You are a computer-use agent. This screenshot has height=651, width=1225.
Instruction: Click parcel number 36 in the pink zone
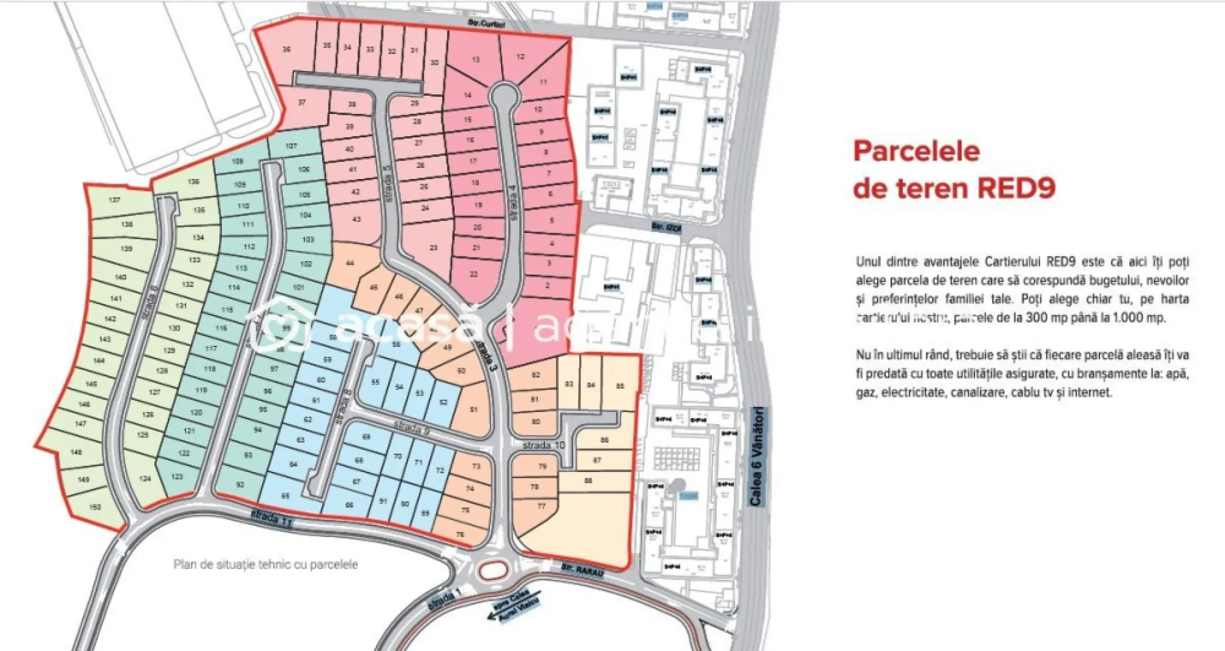pos(286,49)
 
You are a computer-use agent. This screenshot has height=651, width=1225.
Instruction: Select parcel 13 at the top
pos(476,59)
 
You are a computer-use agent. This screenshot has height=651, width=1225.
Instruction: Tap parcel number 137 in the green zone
pos(114,200)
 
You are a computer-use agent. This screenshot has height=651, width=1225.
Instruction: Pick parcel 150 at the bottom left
pos(95,506)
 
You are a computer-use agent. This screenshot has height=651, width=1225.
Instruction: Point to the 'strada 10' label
pos(543,445)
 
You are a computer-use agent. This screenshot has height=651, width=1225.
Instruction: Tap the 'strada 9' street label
pos(412,428)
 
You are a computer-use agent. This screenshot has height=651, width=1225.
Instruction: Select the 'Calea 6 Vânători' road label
pos(757,456)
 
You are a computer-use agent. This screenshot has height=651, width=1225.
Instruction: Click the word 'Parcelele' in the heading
pos(916,151)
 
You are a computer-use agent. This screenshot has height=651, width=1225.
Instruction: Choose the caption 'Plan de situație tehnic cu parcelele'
pos(265,564)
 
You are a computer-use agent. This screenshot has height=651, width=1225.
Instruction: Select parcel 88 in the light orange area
pos(588,481)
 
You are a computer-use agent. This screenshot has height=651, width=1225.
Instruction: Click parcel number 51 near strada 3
pos(474,409)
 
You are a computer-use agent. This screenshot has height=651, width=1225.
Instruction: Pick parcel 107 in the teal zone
pos(291,146)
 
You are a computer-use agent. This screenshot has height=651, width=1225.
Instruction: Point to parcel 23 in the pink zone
pos(433,247)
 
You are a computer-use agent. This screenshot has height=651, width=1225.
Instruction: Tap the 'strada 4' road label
pos(514,202)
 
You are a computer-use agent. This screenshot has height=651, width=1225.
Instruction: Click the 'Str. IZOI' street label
pos(666,227)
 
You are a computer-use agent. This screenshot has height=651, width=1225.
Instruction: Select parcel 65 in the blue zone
pos(285,496)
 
